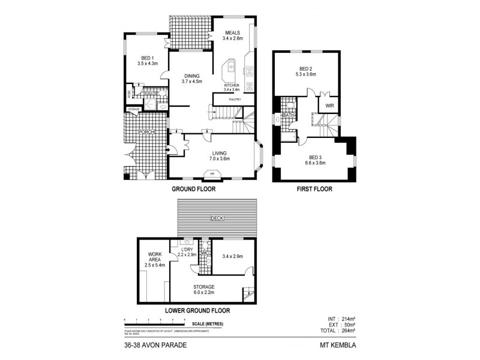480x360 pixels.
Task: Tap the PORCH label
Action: [146, 132]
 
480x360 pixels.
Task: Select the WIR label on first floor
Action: [329, 106]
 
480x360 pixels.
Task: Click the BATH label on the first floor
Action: [287, 115]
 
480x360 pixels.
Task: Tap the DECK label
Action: [217, 218]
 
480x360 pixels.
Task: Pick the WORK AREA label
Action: [154, 257]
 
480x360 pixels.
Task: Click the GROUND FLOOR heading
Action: [194, 189]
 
